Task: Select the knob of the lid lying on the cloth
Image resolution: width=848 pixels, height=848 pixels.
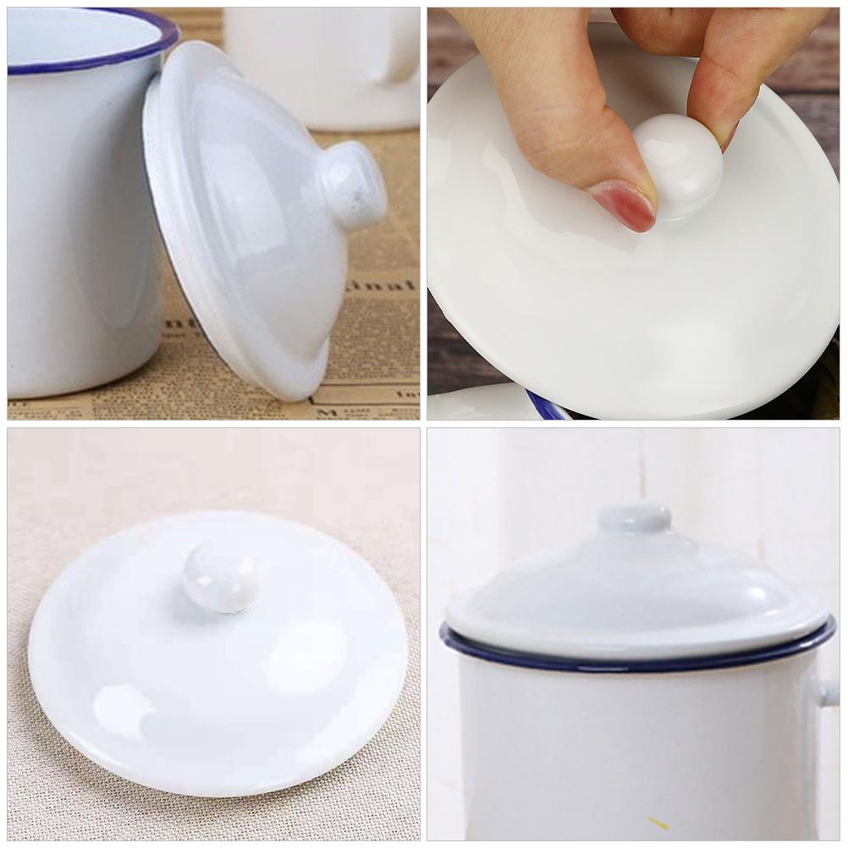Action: pyautogui.click(x=221, y=575)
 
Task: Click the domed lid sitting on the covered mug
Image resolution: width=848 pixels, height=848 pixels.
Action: pyautogui.click(x=635, y=592)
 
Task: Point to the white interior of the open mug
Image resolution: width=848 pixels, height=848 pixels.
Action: pyautogui.click(x=76, y=34)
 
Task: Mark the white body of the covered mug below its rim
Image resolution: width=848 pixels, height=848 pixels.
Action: pyautogui.click(x=635, y=745)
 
